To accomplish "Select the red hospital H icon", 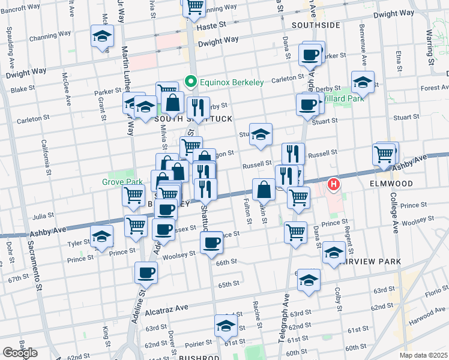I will coord(333,185).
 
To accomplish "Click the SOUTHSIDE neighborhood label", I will coord(316,25).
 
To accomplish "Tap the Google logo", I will coord(20,352).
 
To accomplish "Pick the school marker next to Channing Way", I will coord(102,37).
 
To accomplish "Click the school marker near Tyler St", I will coord(101,237).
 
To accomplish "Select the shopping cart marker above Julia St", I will coord(133,194).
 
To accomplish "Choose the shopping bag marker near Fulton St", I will coord(264,190).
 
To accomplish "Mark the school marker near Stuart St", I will coord(261,136).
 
